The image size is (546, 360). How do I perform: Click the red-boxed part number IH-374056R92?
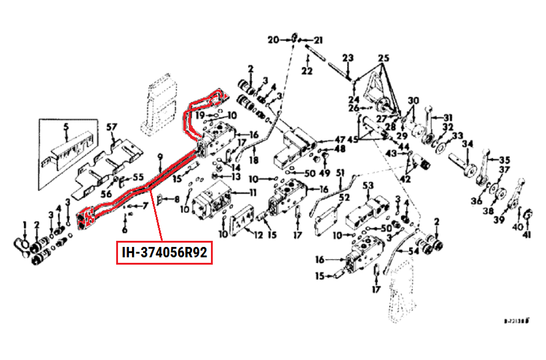(164, 252)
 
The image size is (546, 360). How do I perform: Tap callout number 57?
(111, 127)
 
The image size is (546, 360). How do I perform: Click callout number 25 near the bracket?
(383, 59)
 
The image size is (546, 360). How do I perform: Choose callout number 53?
(368, 185)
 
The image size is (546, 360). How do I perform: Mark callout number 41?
(528, 234)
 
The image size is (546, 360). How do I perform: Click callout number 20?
(272, 40)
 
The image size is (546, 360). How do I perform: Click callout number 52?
(344, 197)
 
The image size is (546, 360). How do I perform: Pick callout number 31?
(448, 118)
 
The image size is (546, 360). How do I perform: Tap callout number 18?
(253, 160)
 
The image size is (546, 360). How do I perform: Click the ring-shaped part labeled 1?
(20, 246)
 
